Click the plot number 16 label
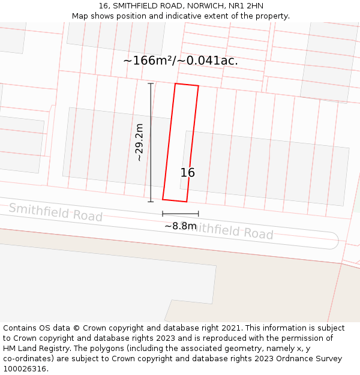click(188, 173)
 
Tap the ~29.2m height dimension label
click(139, 142)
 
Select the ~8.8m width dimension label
click(181, 226)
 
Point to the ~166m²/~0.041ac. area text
click(181, 61)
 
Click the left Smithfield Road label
click(56, 212)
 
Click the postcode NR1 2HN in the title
click(247, 6)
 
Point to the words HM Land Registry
click(31, 348)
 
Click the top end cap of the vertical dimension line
click(151, 83)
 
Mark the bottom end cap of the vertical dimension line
click(151, 202)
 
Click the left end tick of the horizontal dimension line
click(163, 214)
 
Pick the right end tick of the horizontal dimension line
click(199, 214)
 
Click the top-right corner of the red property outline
click(198, 86)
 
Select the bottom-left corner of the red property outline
click(163, 199)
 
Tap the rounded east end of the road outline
click(337, 240)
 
